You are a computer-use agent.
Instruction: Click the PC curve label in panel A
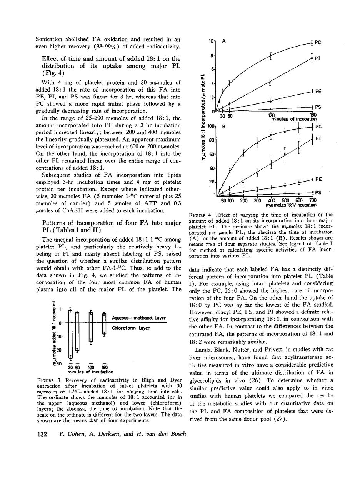point(318,43)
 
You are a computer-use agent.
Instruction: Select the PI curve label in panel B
point(318,138)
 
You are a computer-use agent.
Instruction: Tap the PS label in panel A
point(318,107)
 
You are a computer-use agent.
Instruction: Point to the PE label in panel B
point(318,179)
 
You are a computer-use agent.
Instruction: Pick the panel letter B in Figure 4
point(223,126)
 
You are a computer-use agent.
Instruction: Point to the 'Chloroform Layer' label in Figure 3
point(130,328)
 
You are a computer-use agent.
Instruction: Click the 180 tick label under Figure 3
point(104,368)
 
